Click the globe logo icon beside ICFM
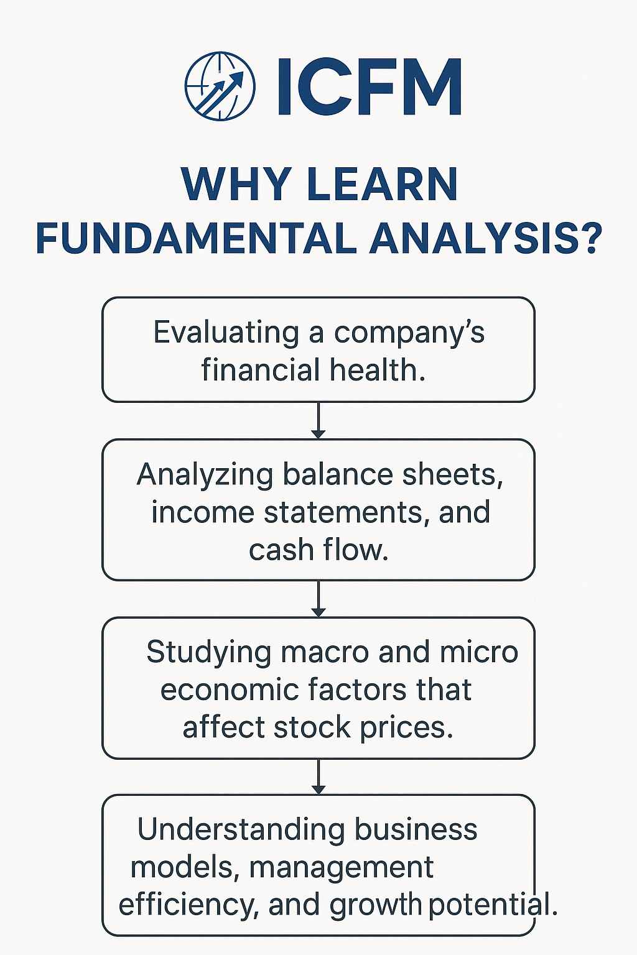(x=220, y=86)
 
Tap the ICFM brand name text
(x=369, y=86)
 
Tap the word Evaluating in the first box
(x=226, y=333)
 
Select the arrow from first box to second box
(x=318, y=420)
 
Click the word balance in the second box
(x=338, y=474)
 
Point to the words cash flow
(x=318, y=550)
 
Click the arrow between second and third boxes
(x=318, y=599)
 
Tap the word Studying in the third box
(x=208, y=653)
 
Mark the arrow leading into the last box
(x=318, y=776)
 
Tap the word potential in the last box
(x=493, y=904)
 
